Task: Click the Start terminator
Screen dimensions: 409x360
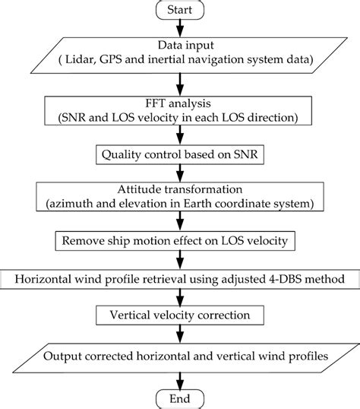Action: (x=180, y=11)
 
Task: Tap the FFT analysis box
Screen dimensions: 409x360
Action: (x=180, y=110)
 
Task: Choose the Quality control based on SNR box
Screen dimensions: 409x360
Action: (x=180, y=154)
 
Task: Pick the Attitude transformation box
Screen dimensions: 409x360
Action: (x=180, y=195)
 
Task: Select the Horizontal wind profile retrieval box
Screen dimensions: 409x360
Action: (x=180, y=281)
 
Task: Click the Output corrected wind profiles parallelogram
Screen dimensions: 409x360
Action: (x=180, y=355)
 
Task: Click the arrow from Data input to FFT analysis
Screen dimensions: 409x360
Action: (x=180, y=84)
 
